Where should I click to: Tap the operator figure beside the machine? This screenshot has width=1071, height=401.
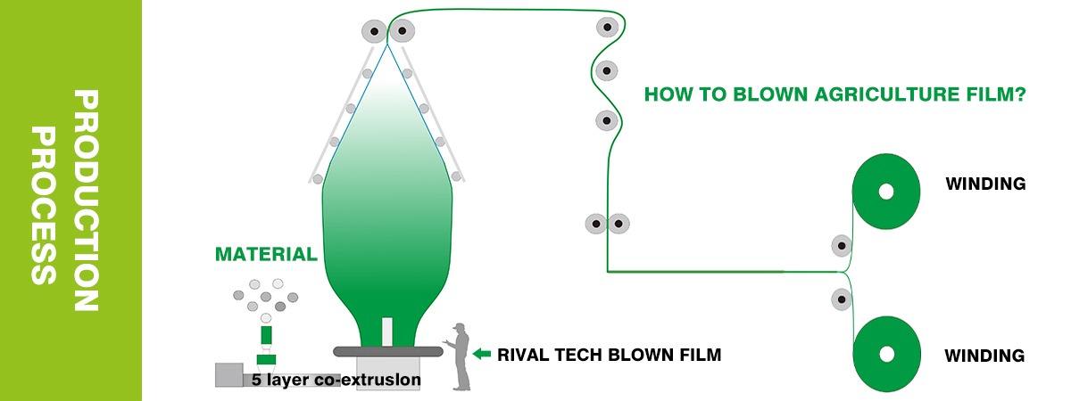coord(461,356)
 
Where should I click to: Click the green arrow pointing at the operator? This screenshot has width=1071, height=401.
coord(482,355)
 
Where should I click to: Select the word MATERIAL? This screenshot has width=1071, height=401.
coord(266,255)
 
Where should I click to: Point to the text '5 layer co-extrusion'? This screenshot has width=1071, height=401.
coord(336,380)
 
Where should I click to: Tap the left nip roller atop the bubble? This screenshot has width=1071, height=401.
coord(373,32)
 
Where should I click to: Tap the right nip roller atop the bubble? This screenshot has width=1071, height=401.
coord(403,32)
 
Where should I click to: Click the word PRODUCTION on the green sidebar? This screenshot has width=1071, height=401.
coord(84,200)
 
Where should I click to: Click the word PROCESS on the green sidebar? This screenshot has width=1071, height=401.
coord(42,205)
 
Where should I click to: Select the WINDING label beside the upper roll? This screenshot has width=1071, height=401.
coord(984,184)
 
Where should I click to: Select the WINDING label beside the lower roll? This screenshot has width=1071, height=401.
coord(984,356)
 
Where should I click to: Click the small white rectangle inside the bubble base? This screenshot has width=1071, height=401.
coord(387,330)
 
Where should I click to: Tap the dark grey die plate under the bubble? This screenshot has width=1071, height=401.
coord(388,350)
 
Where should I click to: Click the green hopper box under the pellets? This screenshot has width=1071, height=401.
coord(266,336)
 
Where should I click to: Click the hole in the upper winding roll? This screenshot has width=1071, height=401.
coord(885,192)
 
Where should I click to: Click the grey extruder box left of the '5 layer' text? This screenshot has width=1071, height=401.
coord(230,375)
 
